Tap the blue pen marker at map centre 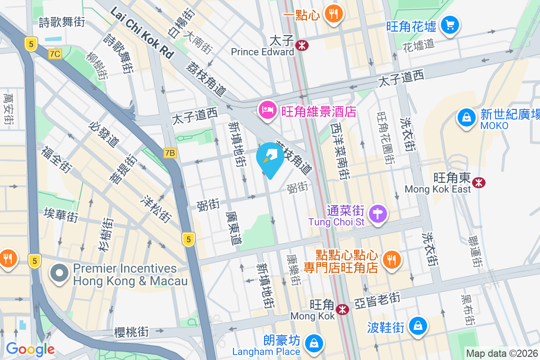[x=270, y=157]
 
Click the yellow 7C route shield [x=55, y=54]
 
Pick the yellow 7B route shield [x=170, y=153]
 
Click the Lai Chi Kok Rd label [x=142, y=32]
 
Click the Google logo [x=30, y=349]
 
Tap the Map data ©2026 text [x=501, y=354]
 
